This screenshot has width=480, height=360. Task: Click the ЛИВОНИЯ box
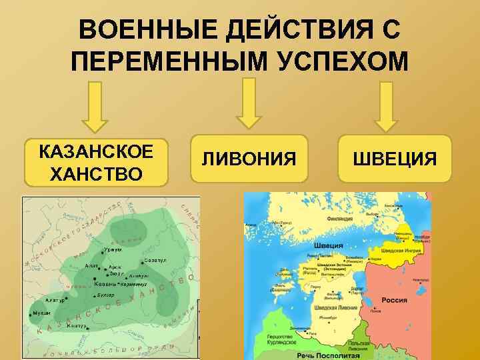[x=249, y=159]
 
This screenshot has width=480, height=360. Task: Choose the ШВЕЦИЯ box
[x=395, y=159]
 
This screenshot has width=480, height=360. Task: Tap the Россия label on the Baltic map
[x=393, y=301]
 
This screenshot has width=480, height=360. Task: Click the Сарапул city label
[x=154, y=261]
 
